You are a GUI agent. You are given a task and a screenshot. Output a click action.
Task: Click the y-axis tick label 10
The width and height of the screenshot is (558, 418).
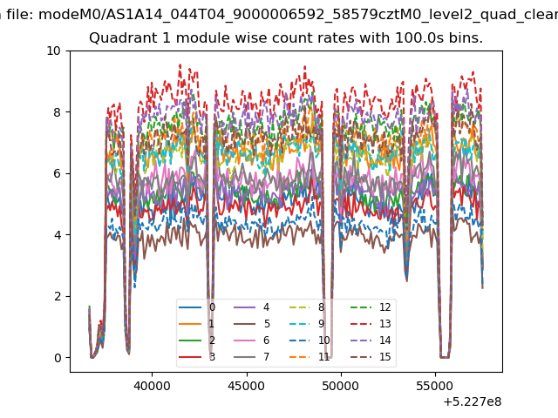click(x=53, y=51)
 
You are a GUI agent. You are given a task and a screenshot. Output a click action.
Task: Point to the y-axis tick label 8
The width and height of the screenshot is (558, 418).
click(x=57, y=112)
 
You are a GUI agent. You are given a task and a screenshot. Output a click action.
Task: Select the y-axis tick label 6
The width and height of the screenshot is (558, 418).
click(x=57, y=174)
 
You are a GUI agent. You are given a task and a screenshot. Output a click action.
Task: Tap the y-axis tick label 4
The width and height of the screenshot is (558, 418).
click(x=57, y=235)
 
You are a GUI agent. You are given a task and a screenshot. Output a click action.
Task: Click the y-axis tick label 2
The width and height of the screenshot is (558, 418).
click(x=57, y=296)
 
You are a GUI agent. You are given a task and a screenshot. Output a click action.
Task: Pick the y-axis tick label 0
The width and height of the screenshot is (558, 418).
click(x=57, y=358)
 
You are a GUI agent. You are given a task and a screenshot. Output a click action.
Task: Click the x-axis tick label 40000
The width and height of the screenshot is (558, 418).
click(x=152, y=386)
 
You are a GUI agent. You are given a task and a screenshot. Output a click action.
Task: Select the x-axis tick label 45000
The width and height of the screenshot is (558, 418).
click(x=247, y=386)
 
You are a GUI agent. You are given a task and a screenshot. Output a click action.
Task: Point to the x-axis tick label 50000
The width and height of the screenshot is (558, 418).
click(x=341, y=386)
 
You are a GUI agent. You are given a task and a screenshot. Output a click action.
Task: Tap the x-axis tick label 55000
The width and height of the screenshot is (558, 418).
click(x=435, y=386)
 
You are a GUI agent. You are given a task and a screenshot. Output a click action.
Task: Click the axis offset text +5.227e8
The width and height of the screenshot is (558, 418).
click(x=473, y=401)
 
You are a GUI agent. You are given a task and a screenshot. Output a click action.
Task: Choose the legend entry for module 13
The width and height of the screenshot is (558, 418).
click(x=371, y=324)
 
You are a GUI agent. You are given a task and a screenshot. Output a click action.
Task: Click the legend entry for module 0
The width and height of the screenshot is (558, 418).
click(x=197, y=307)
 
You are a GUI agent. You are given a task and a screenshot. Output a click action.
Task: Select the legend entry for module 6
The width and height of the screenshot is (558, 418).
click(x=252, y=340)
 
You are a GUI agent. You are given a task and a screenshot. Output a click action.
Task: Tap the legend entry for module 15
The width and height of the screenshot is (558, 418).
click(x=371, y=356)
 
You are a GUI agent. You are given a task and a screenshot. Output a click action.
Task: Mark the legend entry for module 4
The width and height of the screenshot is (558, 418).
click(x=252, y=307)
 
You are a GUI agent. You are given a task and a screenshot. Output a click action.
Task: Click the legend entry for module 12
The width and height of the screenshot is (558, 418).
click(x=371, y=307)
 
